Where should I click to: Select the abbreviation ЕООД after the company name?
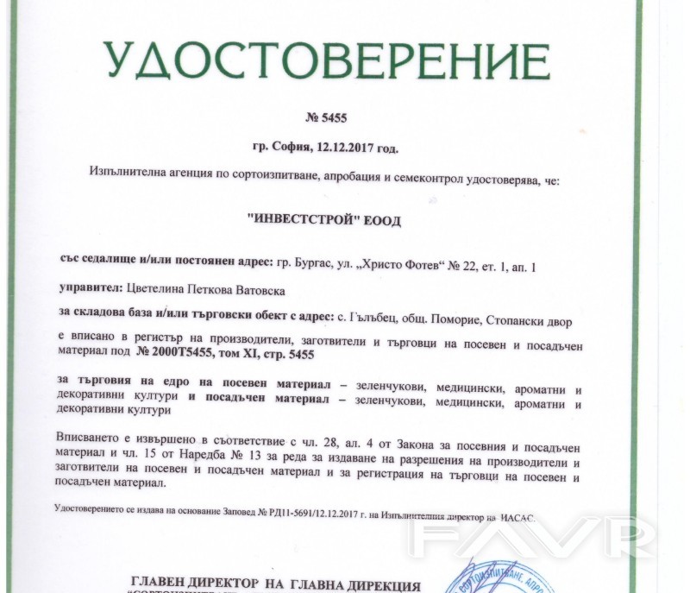(x=379, y=221)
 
